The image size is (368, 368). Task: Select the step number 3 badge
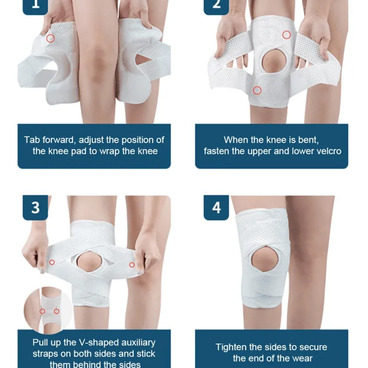35,207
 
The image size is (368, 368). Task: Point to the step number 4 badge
216,207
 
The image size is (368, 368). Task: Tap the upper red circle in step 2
287,34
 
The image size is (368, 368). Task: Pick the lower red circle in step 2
258,90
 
